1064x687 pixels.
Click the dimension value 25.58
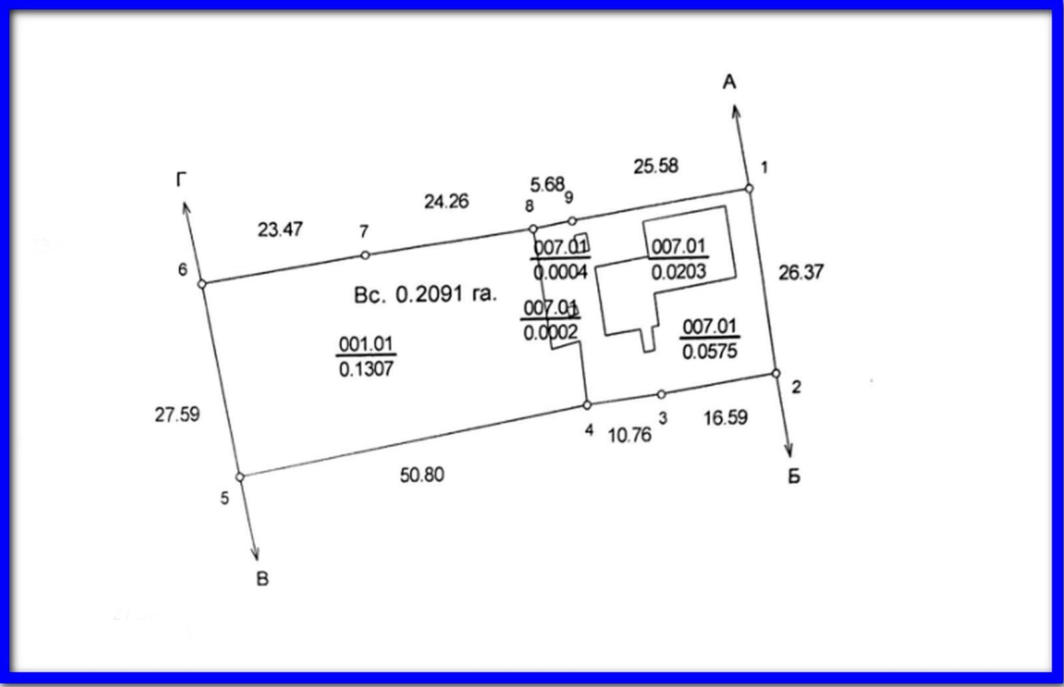pyautogui.click(x=656, y=166)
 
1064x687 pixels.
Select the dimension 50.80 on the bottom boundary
pyautogui.click(x=422, y=475)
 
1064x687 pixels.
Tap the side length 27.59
pyautogui.click(x=177, y=415)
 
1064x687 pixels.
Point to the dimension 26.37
pyautogui.click(x=801, y=272)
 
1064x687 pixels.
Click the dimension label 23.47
pyautogui.click(x=280, y=230)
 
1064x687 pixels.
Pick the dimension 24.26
pyautogui.click(x=446, y=202)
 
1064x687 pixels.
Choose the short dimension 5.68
pyautogui.click(x=547, y=184)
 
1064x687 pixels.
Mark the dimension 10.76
pyautogui.click(x=629, y=435)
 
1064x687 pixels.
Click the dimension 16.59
pyautogui.click(x=726, y=417)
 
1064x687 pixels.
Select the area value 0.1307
pyautogui.click(x=366, y=369)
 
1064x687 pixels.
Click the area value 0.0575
pyautogui.click(x=710, y=351)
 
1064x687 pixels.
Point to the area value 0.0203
pyautogui.click(x=678, y=272)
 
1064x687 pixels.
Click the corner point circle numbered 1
pyautogui.click(x=749, y=188)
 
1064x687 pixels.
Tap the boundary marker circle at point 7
pyautogui.click(x=365, y=256)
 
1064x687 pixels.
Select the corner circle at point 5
pyautogui.click(x=240, y=477)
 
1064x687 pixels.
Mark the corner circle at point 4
pyautogui.click(x=587, y=405)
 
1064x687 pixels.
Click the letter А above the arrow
pyautogui.click(x=729, y=83)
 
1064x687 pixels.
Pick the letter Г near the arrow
pyautogui.click(x=181, y=180)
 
